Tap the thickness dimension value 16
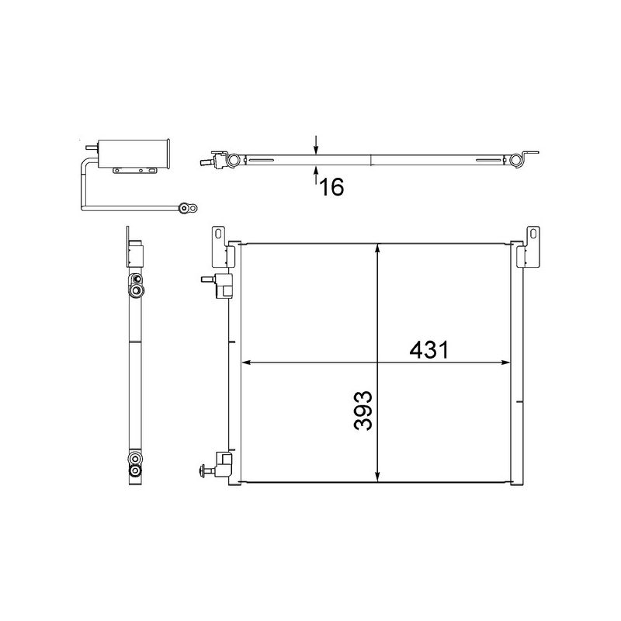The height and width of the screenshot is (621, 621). [x=331, y=187]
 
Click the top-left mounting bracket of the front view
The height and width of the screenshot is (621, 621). [x=220, y=246]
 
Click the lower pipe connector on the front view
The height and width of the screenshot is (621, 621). [x=220, y=467]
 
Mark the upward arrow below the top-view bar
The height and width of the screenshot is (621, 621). [x=316, y=175]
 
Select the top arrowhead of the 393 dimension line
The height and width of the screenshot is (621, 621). [x=377, y=248]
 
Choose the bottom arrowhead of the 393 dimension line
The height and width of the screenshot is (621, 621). [x=377, y=476]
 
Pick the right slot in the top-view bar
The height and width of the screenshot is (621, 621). [x=487, y=161]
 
